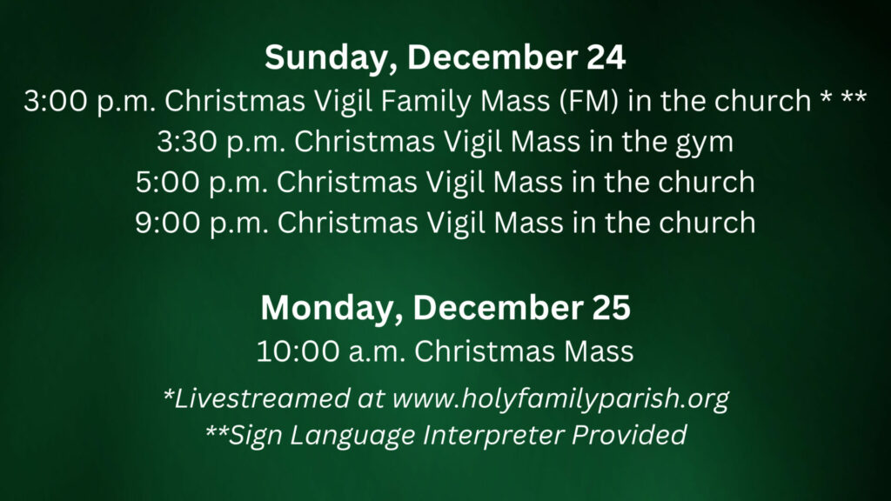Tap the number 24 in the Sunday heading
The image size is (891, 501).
[606, 57]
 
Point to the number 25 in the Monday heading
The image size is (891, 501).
[611, 308]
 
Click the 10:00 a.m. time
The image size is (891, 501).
[330, 351]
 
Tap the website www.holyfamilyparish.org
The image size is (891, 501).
[560, 399]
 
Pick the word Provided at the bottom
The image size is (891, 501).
[629, 435]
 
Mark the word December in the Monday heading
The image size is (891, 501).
[497, 308]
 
